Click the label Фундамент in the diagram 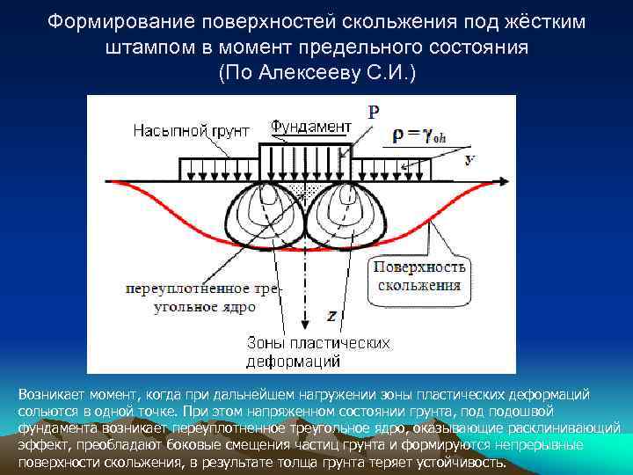(x=310, y=127)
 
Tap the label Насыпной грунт (x=191, y=131)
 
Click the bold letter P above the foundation (x=374, y=112)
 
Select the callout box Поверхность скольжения (x=420, y=275)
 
